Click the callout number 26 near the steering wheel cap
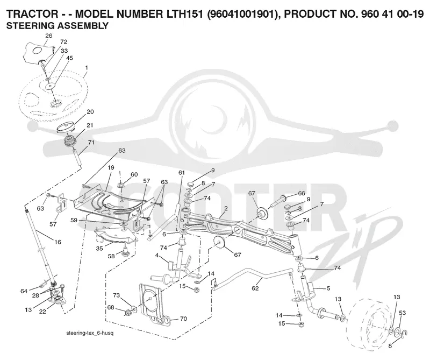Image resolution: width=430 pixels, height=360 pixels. coord(48,36)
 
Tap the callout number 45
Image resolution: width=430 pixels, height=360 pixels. coord(69,58)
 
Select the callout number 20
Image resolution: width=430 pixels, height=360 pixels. coord(90,112)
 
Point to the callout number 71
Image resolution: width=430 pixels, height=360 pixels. coord(91,142)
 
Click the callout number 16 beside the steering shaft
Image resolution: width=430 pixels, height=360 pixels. coord(58,242)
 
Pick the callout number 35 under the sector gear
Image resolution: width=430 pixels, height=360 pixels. coord(99,248)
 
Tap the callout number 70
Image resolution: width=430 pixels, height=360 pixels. coord(183,319)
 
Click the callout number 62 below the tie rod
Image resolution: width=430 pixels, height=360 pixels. coord(255,288)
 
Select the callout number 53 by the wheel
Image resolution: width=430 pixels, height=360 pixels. coord(402,313)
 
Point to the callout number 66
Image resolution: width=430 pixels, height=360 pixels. coord(302,193)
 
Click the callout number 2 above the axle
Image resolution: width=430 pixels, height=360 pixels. coord(226,208)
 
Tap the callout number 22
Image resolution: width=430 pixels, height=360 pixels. coord(42,312)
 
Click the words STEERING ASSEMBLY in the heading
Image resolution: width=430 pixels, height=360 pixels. coord(58,26)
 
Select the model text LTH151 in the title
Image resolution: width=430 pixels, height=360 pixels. coord(184,14)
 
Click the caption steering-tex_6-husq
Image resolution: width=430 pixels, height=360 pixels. coord(90,334)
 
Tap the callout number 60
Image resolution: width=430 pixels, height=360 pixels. coord(134,175)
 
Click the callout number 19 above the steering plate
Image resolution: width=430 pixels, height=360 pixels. coord(111,167)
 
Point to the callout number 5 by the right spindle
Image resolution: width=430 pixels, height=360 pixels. coord(328,288)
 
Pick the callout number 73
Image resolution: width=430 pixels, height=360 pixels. coord(117,295)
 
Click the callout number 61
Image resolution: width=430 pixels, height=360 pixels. coord(182,173)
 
